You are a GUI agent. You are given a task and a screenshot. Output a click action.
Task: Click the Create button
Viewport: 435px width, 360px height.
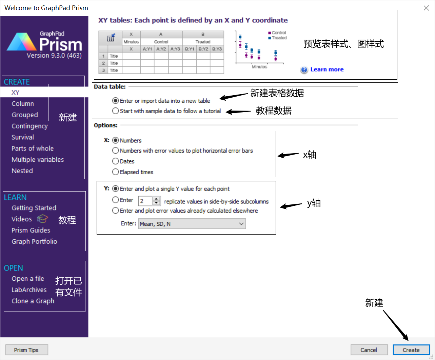pos(411,350)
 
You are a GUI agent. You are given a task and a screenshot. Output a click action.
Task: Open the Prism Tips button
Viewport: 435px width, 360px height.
pos(26,350)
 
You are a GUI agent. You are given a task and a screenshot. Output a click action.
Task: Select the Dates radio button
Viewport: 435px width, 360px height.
pos(116,161)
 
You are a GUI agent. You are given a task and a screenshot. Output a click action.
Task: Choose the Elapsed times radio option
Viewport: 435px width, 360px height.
pos(116,172)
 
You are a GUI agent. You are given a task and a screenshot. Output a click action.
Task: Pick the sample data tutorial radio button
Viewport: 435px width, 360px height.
pos(116,111)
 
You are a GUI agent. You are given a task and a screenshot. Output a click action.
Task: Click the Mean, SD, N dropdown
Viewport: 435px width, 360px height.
pos(192,224)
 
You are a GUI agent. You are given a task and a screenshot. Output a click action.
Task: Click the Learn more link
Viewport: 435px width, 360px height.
pos(327,69)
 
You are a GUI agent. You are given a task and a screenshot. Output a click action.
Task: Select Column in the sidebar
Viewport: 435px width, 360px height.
pos(23,104)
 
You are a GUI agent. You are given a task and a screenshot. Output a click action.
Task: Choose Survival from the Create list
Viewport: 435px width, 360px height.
pos(23,137)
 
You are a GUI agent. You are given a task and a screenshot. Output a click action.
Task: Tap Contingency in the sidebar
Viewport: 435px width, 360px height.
pos(29,126)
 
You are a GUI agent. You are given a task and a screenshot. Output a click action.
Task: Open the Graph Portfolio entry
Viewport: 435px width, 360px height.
pos(34,241)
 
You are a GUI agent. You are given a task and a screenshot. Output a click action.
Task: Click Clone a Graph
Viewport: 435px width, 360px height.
pos(33,301)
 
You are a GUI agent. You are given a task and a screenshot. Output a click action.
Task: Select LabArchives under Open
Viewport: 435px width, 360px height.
pos(29,290)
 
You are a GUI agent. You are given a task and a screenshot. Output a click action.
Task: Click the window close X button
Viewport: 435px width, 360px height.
pos(426,8)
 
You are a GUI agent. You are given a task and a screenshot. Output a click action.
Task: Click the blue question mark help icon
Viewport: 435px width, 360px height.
pos(304,70)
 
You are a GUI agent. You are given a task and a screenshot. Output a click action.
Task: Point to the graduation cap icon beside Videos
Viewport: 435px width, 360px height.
pos(43,219)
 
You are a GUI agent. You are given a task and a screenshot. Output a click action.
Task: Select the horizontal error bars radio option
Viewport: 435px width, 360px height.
pos(116,151)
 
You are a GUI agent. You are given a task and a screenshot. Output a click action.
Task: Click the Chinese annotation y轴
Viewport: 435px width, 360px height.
pos(314,203)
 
